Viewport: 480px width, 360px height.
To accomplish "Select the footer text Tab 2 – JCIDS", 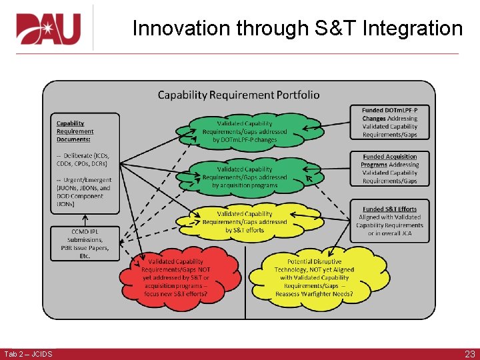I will pos(28,354).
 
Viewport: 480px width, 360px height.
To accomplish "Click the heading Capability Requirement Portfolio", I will pos(238,95).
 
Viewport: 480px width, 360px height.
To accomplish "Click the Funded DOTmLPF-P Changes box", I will pos(390,122).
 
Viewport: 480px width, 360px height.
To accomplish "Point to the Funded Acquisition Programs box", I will pos(390,169).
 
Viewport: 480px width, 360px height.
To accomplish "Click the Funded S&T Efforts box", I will pos(390,221).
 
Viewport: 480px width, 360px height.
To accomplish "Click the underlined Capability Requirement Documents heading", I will pos(75,131).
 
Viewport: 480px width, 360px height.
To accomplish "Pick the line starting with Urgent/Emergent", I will pos(83,180).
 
